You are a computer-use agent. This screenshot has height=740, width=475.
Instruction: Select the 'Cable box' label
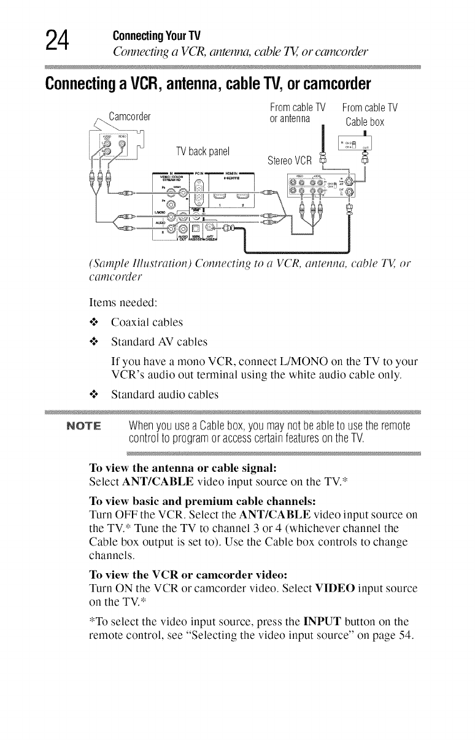coord(365,121)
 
